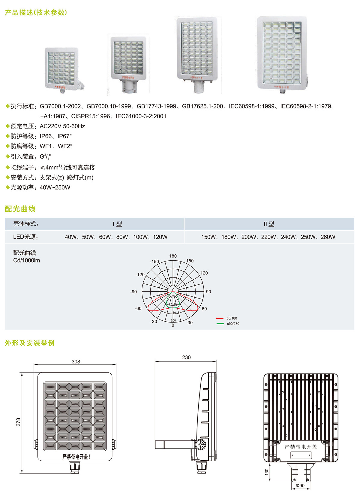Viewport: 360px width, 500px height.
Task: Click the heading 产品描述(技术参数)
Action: [x=36, y=13]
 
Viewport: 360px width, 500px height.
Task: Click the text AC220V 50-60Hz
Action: [x=62, y=126]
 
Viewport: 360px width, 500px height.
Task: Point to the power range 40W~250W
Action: [x=55, y=188]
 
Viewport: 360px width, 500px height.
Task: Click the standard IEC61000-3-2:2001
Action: [x=141, y=116]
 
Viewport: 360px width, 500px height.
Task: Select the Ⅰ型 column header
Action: [x=117, y=224]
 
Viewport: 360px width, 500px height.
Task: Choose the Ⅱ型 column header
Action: [x=269, y=224]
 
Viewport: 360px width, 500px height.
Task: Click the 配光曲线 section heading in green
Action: [x=20, y=209]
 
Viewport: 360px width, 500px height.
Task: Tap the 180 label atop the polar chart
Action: [x=173, y=256]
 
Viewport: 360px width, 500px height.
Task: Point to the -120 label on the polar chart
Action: [x=140, y=275]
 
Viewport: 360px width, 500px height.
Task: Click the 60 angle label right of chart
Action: [x=204, y=309]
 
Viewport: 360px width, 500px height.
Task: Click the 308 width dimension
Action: [x=76, y=362]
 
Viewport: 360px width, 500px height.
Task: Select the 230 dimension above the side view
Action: [x=186, y=358]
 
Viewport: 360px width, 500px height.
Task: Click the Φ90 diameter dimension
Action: [x=300, y=486]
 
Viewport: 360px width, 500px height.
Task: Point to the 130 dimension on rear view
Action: [x=267, y=472]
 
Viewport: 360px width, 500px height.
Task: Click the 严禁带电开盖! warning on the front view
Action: [x=76, y=457]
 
